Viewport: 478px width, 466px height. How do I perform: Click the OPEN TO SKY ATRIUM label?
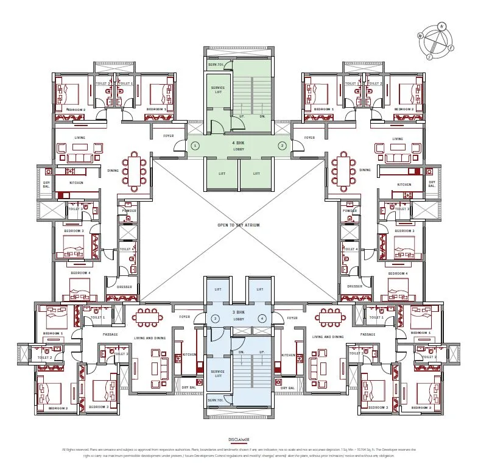(x=239, y=225)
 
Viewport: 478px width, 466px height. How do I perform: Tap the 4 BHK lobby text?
(x=238, y=145)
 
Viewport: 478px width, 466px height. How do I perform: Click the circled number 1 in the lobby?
(x=195, y=146)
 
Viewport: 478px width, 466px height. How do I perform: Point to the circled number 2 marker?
(x=282, y=146)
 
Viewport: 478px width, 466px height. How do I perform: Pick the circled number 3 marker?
(x=215, y=318)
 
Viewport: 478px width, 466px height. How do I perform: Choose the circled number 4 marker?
(x=261, y=318)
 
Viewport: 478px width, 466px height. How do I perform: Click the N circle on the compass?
(x=441, y=26)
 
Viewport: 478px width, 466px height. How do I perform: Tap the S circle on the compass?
(x=429, y=56)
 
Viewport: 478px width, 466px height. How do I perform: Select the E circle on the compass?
(x=451, y=47)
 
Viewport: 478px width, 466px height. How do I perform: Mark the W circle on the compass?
(x=420, y=36)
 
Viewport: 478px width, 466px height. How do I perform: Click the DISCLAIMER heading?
(x=239, y=439)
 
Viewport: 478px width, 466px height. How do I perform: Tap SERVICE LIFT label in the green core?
(x=217, y=90)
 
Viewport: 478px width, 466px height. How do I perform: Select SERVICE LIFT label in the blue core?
(x=217, y=373)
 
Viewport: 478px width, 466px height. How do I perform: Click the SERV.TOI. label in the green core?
(x=214, y=64)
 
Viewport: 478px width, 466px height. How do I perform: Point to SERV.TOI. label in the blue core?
(x=214, y=400)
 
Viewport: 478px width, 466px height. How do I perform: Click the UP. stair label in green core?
(x=241, y=116)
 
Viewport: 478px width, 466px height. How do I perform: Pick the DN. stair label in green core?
(x=262, y=116)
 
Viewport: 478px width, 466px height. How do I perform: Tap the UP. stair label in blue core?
(x=262, y=352)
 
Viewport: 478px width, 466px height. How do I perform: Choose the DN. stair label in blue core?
(x=241, y=352)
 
